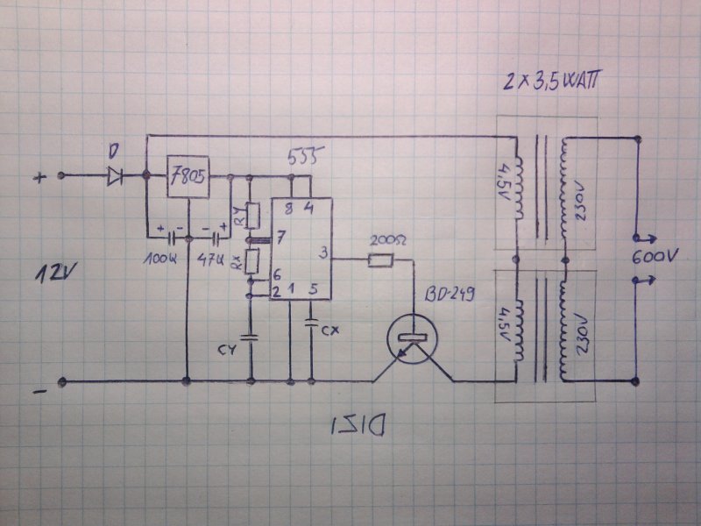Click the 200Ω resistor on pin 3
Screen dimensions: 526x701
(x=380, y=260)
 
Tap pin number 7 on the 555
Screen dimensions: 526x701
(x=280, y=238)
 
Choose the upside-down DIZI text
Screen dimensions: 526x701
(x=360, y=427)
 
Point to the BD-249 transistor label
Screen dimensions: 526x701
(x=449, y=295)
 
